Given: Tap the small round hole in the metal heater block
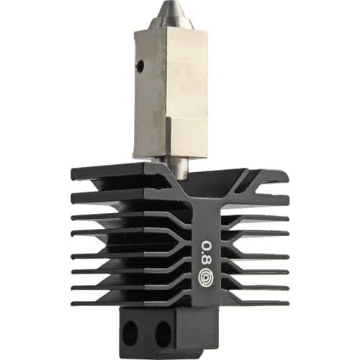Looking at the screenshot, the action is point(140,65).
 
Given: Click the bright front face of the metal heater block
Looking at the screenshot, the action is point(185,91).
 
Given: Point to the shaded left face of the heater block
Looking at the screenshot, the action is point(150,94).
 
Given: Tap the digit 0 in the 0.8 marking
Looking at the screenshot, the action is point(207,247).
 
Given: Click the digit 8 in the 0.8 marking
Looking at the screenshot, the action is point(207,261).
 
